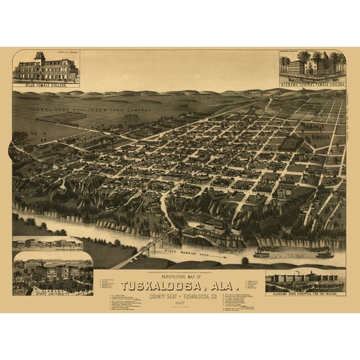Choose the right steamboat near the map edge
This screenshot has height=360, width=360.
(x=324, y=253)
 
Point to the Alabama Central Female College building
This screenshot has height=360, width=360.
(x=312, y=64)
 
